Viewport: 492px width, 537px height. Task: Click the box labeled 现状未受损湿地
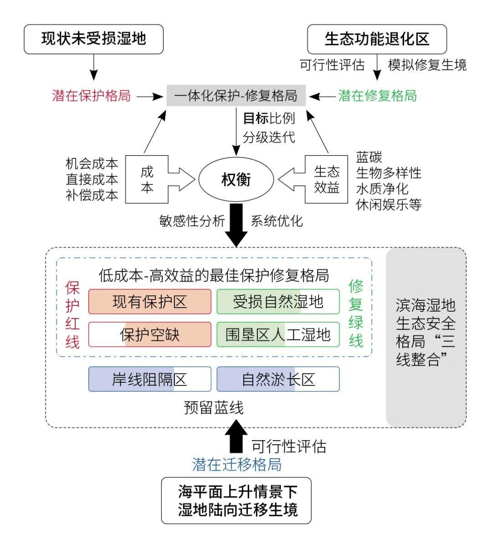[x=93, y=39]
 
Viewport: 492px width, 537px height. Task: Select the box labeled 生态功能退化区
[x=377, y=39]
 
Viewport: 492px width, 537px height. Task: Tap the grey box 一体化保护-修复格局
[x=236, y=96]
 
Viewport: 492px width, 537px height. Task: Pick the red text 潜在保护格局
[x=91, y=96]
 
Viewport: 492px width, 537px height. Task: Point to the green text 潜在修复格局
[x=377, y=96]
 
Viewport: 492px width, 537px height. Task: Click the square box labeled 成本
[x=147, y=179]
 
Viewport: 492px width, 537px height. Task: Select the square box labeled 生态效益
[x=326, y=179]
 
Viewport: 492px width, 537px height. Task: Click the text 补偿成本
[x=92, y=195]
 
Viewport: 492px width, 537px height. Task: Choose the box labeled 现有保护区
[x=150, y=302]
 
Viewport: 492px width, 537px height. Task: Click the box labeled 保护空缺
[x=150, y=334]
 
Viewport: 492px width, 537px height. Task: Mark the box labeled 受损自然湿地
[x=278, y=302]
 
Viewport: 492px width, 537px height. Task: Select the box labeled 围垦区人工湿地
[x=278, y=334]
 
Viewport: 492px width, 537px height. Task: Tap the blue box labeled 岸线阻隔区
[x=150, y=379]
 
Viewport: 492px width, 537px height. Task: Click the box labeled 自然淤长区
[x=278, y=379]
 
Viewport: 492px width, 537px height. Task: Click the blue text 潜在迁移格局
[x=237, y=464]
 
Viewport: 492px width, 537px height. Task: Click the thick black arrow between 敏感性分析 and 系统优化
[x=236, y=225]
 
